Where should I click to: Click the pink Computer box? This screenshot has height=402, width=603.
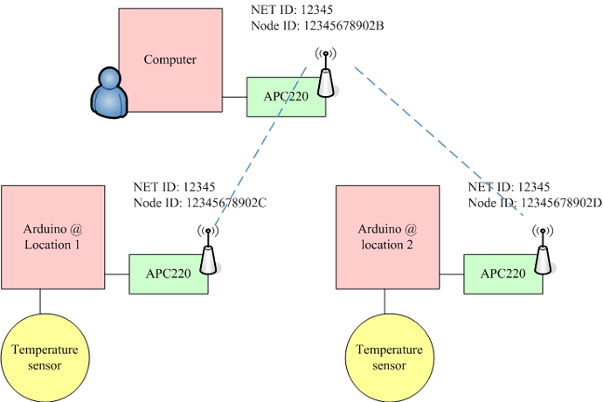click(x=170, y=60)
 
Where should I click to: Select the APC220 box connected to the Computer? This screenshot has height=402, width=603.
click(x=287, y=96)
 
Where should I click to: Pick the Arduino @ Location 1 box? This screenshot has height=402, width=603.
click(x=52, y=237)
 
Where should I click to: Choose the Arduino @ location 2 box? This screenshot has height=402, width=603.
click(x=387, y=237)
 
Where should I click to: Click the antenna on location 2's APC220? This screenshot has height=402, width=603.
click(x=542, y=253)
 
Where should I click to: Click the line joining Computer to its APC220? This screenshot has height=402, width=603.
click(x=235, y=95)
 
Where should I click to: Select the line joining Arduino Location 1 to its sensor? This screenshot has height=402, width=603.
click(x=40, y=301)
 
